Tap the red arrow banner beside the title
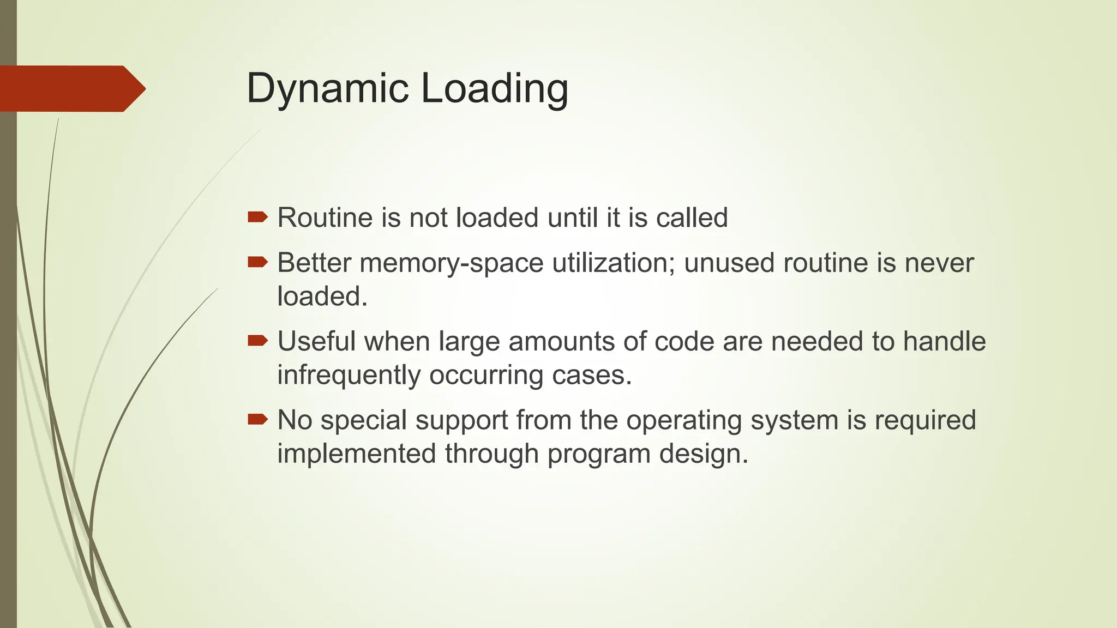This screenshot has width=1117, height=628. (x=71, y=88)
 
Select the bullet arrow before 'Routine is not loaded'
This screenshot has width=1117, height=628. (x=257, y=218)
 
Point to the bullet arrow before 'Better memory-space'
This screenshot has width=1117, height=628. (x=257, y=263)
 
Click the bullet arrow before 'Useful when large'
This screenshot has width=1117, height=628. (x=257, y=341)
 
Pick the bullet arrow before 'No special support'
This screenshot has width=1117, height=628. (x=257, y=419)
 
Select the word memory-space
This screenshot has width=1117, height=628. (x=452, y=263)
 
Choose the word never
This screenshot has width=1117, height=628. (x=939, y=263)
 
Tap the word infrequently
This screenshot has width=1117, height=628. (x=349, y=376)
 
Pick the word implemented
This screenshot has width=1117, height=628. (x=356, y=454)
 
